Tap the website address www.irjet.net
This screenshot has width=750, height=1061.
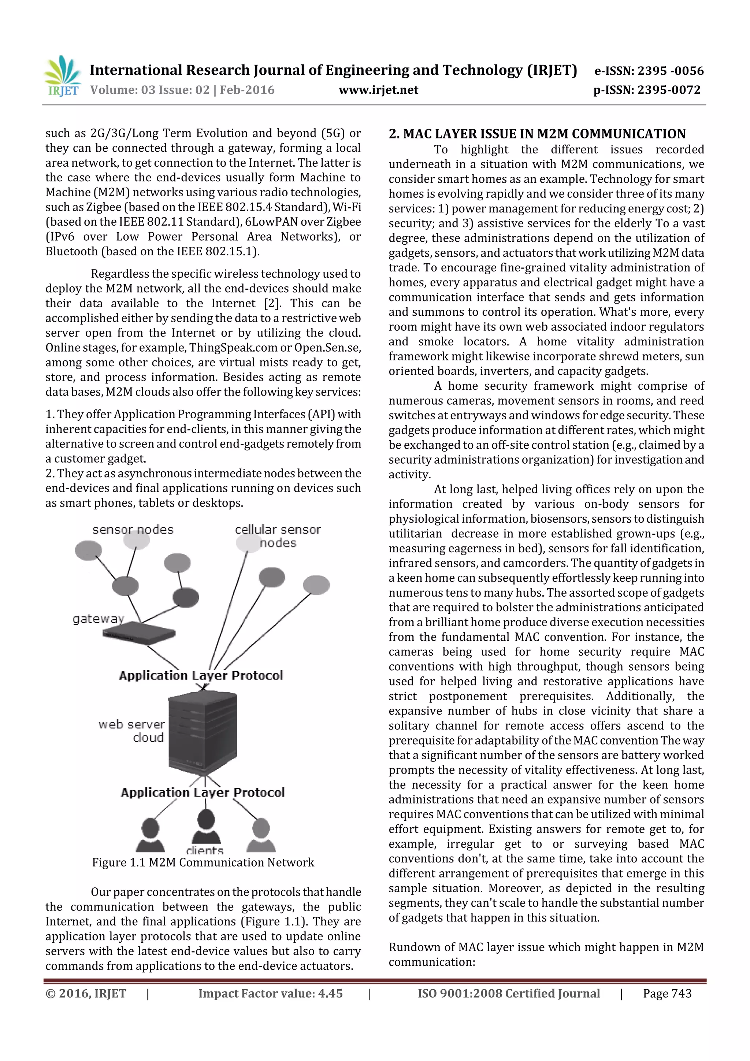378,90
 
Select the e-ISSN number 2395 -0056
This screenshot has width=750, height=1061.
649,71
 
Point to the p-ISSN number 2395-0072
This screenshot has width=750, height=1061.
647,90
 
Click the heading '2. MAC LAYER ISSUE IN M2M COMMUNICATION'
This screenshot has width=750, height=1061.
537,134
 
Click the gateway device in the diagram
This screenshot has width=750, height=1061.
139,634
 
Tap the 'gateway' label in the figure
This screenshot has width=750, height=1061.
99,619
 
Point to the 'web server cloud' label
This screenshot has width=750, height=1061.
132,731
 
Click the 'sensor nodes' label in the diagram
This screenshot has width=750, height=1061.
133,530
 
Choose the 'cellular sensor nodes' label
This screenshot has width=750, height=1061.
278,536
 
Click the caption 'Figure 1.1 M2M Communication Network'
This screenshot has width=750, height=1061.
203,862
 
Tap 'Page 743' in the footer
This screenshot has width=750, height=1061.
667,994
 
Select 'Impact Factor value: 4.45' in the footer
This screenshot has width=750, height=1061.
270,994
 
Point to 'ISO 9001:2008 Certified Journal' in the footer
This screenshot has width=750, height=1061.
508,994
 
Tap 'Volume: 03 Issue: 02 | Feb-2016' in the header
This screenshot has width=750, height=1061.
182,90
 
